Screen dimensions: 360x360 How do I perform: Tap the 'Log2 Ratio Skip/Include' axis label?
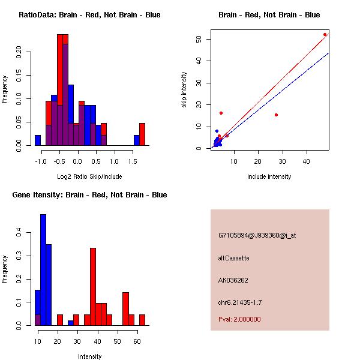tap(89, 176)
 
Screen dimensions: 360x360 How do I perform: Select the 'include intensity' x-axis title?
tap(269, 176)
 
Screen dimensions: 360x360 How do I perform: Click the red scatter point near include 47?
tap(325, 34)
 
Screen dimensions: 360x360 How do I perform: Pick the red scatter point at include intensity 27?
tap(276, 115)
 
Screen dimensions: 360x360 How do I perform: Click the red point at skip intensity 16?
tap(221, 113)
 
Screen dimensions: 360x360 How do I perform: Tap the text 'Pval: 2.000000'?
tap(239, 319)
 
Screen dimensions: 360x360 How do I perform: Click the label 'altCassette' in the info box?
tap(233, 258)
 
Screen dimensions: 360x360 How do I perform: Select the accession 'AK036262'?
tap(233, 280)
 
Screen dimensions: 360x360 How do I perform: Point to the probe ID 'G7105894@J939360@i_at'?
tap(257, 235)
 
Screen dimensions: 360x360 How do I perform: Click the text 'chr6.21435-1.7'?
tap(240, 302)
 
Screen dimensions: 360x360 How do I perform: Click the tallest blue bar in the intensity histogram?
tap(43, 270)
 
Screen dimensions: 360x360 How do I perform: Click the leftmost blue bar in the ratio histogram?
tap(38, 140)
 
